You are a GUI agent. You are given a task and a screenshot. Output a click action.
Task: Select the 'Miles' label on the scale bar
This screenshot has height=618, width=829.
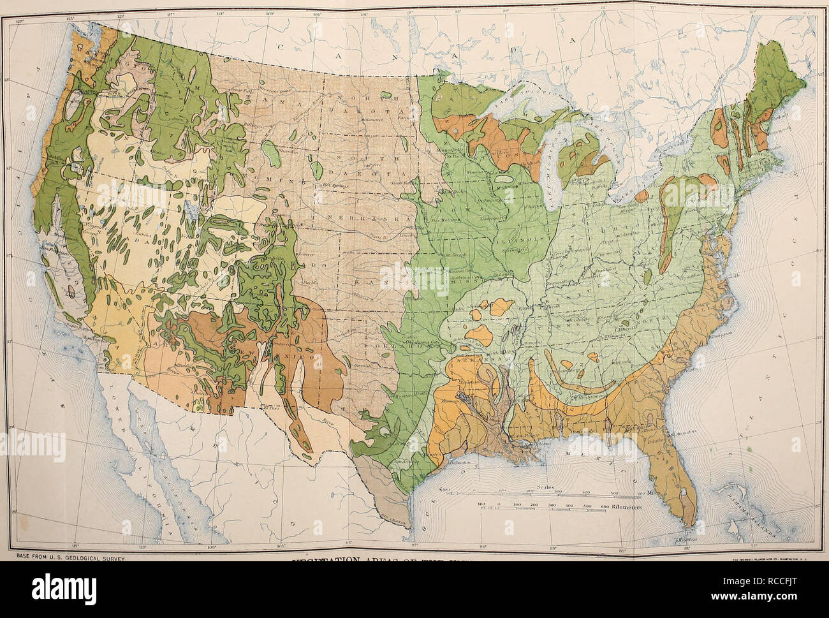click(651, 492)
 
